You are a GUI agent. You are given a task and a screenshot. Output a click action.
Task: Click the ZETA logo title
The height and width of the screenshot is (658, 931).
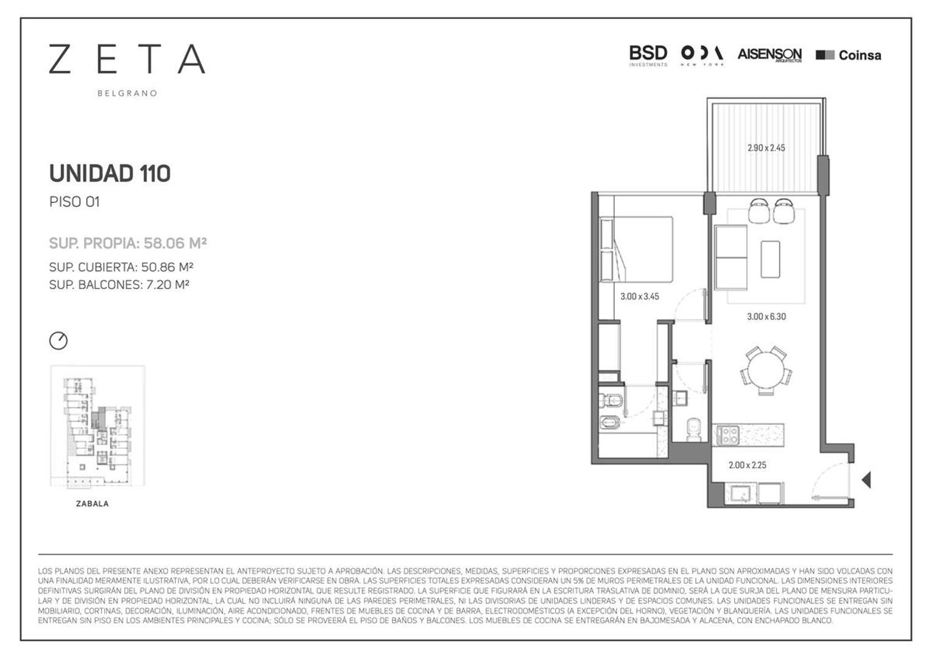coord(127,59)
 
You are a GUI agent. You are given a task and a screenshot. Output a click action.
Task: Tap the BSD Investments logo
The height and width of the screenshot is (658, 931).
coord(648,55)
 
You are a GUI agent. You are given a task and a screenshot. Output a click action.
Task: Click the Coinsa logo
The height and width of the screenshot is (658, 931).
coord(848,55)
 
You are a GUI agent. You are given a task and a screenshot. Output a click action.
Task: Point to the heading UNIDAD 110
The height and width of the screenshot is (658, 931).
coord(110,174)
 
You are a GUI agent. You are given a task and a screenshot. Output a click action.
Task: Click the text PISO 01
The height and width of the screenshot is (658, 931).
coord(74,202)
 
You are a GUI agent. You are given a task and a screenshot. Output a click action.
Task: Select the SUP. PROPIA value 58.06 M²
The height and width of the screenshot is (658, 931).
coord(175,243)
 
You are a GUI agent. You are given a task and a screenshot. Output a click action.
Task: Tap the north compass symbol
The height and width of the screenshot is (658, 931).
coord(58,341)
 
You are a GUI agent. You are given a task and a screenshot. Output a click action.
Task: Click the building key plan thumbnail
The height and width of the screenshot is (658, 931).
coord(97,426)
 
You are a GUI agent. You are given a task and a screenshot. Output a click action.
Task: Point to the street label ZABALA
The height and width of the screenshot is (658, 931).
coord(93,504)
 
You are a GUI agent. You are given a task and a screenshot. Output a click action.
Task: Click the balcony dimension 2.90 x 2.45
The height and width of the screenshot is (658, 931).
coord(766,147)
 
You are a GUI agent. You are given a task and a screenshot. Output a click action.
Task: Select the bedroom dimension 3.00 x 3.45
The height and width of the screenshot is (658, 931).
coord(639,297)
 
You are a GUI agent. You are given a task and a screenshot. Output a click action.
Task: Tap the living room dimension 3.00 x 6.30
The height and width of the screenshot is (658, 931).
coord(766,317)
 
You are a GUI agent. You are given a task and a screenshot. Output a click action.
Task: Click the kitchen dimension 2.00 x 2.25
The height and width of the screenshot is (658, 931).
coord(747,465)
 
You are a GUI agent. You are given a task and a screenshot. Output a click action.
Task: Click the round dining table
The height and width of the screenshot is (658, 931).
coord(766,370)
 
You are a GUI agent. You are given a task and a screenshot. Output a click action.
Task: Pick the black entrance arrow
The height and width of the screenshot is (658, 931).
coord(866,480)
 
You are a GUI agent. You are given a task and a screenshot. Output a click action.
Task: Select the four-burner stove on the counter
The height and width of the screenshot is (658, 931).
coord(728,434)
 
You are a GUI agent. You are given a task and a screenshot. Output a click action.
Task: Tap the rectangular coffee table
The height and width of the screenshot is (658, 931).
coord(770,260)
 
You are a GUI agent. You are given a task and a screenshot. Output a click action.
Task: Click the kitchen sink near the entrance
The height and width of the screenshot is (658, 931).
coord(742,493)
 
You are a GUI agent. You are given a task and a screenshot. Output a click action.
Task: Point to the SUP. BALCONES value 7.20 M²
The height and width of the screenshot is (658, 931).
coord(168,285)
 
